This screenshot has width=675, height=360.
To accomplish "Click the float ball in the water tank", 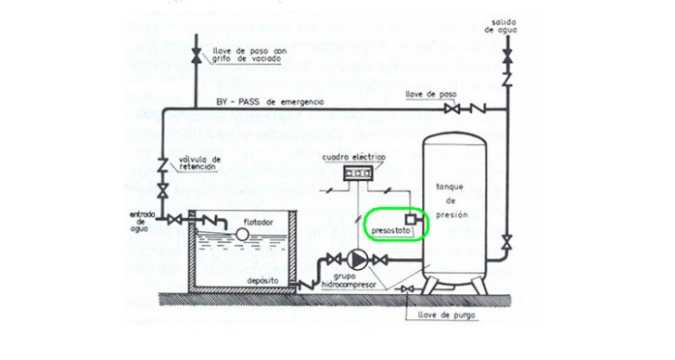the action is (242, 234).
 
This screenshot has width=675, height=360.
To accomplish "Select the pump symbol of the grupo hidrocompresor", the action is (357, 260).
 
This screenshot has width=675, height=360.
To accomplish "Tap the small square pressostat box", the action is (411, 219).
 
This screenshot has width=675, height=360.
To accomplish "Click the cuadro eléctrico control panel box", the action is (358, 174).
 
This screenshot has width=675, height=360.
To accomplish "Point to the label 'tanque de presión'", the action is (450, 200).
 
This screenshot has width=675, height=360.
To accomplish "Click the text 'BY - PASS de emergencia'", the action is (270, 102).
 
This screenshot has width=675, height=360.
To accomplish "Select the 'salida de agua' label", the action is (501, 26).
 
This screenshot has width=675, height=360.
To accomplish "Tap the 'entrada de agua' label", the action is (139, 222).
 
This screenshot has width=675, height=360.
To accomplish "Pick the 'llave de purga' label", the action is (446, 315).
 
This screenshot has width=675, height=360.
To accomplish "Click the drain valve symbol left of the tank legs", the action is (407, 289).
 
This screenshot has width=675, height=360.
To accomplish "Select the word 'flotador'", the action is (259, 223).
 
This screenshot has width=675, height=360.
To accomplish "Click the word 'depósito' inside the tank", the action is (262, 281).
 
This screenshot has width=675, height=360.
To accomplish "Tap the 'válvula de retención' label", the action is (199, 163).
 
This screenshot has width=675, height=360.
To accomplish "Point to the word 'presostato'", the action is (385, 231).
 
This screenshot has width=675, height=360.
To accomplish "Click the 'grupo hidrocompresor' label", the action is (349, 281).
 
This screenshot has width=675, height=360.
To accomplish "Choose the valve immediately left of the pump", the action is (334, 260).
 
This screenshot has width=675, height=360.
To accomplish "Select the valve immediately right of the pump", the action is (380, 260).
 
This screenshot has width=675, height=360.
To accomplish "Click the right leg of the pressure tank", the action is (479, 286).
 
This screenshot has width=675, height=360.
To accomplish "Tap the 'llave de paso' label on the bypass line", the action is (431, 95).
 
